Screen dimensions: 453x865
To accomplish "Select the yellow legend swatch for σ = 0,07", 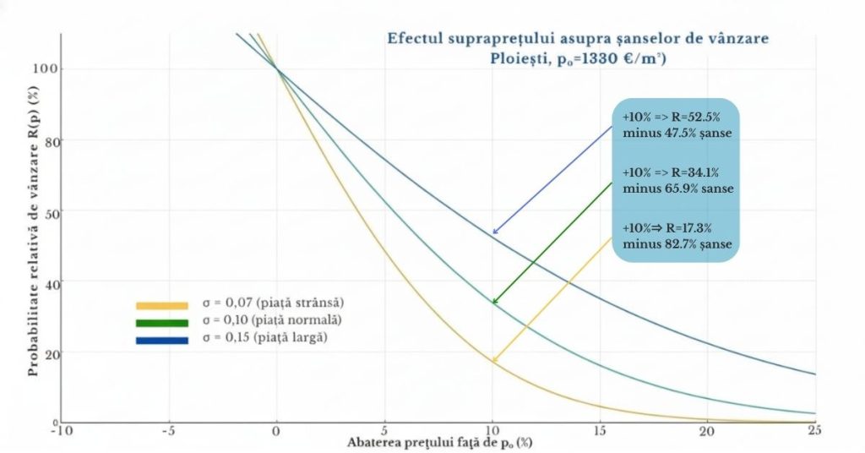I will click(161, 305).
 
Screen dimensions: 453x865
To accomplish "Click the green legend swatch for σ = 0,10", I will click(161, 322).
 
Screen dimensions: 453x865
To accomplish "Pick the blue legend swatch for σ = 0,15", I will click(161, 340).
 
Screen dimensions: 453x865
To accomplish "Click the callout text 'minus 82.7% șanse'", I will click(676, 245).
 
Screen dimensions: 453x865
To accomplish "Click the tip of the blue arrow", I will click(493, 233).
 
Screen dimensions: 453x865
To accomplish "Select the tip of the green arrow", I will click(493, 303).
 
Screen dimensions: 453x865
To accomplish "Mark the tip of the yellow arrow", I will click(493, 363).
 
